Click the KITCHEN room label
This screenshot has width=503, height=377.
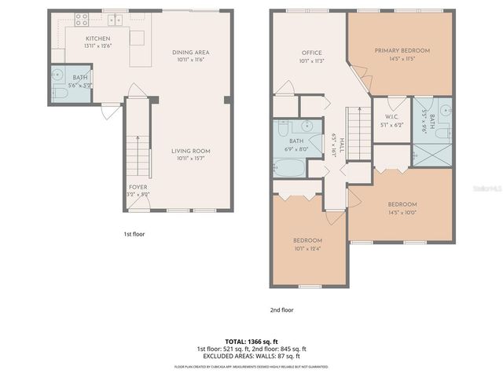97,38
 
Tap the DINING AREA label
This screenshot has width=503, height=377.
190,53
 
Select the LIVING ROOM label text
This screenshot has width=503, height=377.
191,151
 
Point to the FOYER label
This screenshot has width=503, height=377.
138,187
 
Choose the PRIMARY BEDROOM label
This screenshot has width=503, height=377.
402,50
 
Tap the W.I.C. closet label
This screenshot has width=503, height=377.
391,119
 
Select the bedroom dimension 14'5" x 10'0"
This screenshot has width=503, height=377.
402,211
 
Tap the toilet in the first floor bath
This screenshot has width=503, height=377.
61,93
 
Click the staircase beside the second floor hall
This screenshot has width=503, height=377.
358,136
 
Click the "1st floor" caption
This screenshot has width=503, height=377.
134,233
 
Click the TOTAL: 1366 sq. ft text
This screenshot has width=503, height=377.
251,342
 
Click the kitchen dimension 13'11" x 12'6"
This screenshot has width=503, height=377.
97,46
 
